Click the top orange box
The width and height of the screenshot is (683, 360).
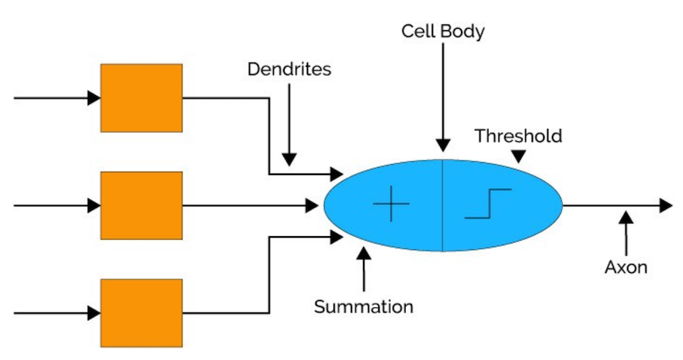pos(141,98)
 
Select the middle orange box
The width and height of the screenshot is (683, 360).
pos(141,206)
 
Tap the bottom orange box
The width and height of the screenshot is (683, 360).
pos(141,313)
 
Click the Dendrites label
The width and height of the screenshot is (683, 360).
pos(289,70)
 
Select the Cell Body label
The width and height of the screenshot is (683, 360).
pos(443,32)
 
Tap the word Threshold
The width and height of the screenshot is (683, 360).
pos(518,135)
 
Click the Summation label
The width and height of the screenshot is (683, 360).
pos(364,307)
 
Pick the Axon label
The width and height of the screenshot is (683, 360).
pos(626,267)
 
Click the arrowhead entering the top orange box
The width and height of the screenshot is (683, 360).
pos(94,98)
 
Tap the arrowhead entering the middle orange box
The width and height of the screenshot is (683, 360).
pos(94,206)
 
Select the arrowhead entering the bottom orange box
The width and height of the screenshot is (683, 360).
pos(94,313)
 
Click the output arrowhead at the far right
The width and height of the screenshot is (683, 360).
pos(666,206)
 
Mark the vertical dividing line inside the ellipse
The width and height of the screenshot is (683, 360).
pos(442,216)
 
